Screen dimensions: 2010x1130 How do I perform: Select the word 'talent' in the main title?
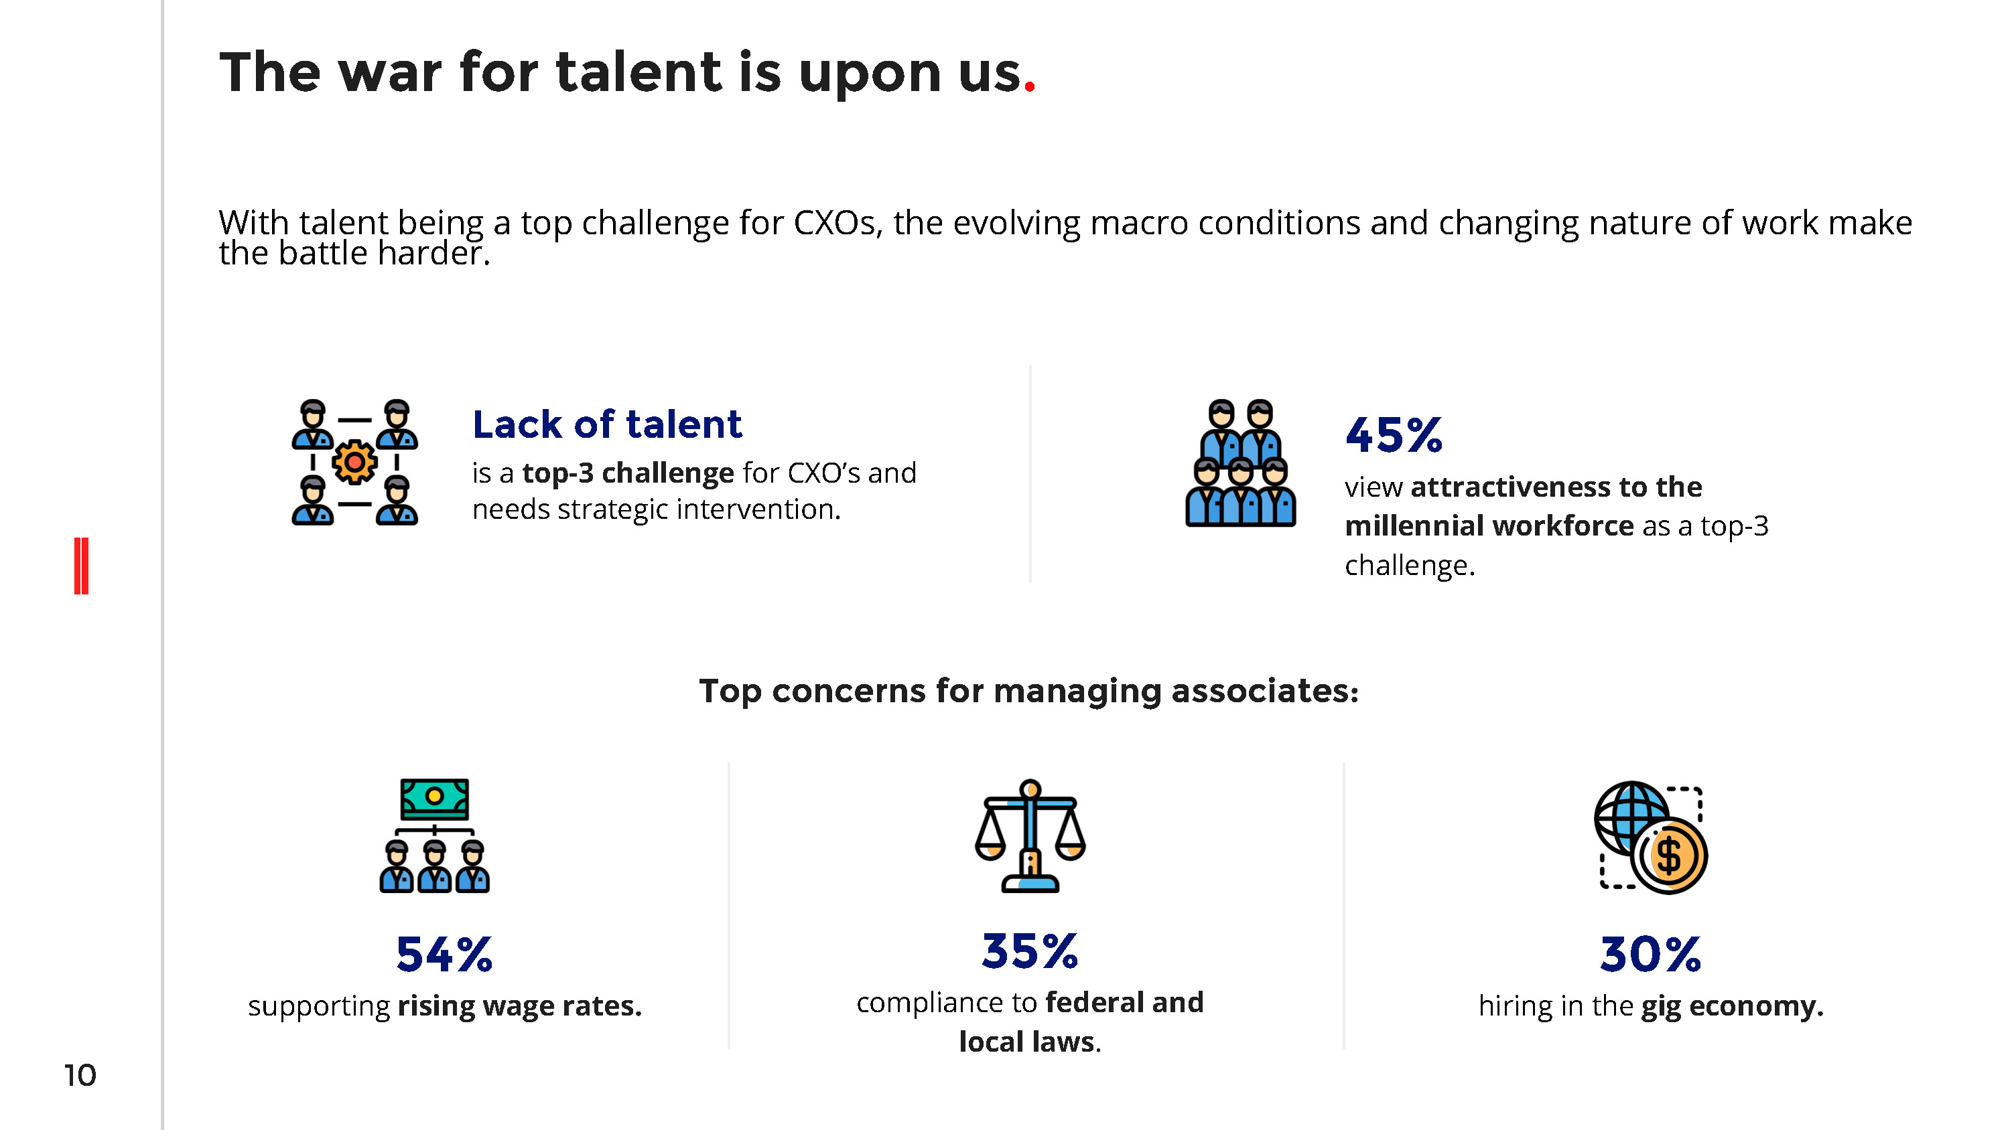[639, 72]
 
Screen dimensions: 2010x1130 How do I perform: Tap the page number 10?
[80, 1075]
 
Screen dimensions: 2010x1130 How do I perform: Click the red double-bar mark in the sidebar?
[81, 566]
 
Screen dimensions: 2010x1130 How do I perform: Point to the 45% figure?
[1394, 435]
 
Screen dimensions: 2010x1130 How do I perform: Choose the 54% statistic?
[444, 955]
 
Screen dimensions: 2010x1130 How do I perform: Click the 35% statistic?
[1029, 951]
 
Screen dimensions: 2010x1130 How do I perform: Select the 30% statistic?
[1650, 955]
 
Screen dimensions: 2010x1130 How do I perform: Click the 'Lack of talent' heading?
[607, 425]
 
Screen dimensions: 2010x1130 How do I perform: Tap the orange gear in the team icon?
[354, 463]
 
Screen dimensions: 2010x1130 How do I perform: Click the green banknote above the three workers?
[435, 798]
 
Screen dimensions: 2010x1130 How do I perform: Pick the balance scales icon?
[1030, 835]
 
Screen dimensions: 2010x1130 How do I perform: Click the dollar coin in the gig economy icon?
[1670, 856]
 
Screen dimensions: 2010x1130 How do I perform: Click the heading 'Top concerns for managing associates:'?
[1028, 691]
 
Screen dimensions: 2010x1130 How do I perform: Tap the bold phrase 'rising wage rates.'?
[520, 1006]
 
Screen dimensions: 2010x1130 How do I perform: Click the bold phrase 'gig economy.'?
[1732, 1007]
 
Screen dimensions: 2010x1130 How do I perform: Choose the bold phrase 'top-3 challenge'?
[628, 473]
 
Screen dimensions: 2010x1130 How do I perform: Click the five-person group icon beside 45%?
[1241, 463]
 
